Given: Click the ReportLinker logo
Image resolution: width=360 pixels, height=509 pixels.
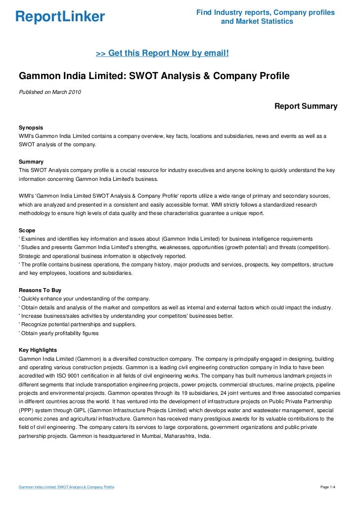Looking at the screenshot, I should pos(60,17).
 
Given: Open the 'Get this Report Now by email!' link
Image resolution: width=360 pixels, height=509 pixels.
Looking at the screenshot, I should pos(162,53).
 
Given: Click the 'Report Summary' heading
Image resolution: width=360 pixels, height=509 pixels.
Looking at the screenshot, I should pos(306,106).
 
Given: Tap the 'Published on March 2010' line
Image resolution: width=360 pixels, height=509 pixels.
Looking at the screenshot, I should pos(50,92).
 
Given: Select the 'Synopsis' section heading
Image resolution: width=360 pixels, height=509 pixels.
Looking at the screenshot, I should pos(31,127).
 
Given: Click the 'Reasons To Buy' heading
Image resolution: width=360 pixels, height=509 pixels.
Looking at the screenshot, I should pos(40,290).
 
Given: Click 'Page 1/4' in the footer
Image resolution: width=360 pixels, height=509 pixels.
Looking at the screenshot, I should pos(328,487).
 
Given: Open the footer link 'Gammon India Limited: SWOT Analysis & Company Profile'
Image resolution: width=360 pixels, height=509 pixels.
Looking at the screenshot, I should pos(66,487).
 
